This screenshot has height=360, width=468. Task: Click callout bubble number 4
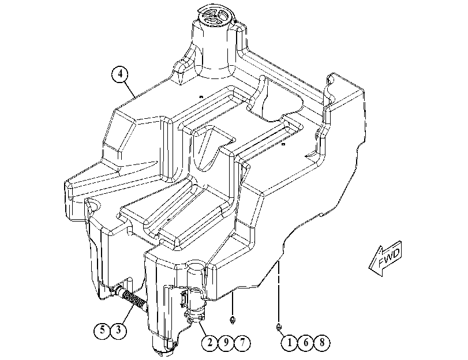pyautogui.click(x=120, y=74)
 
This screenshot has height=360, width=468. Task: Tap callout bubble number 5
pyautogui.click(x=102, y=330)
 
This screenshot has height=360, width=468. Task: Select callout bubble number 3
pyautogui.click(x=118, y=330)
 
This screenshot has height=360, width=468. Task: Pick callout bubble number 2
pyautogui.click(x=209, y=343)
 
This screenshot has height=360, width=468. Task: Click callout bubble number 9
pyautogui.click(x=226, y=343)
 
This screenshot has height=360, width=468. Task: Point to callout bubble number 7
pyautogui.click(x=242, y=343)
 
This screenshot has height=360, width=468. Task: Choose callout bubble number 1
pyautogui.click(x=289, y=343)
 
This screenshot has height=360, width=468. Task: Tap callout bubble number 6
pyautogui.click(x=306, y=343)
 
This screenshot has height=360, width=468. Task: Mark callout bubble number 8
pyautogui.click(x=322, y=343)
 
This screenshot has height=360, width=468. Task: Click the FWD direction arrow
pyautogui.click(x=385, y=258)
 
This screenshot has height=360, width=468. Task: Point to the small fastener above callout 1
pyautogui.click(x=279, y=327)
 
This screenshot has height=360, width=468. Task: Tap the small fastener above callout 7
pyautogui.click(x=233, y=320)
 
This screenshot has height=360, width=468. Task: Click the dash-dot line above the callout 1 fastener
pyautogui.click(x=279, y=292)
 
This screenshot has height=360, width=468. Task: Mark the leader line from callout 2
pyautogui.click(x=204, y=328)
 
